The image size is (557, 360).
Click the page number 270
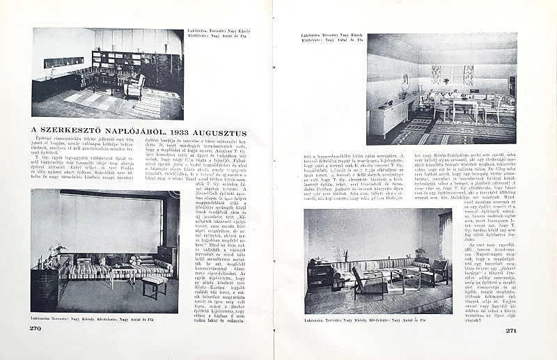pyautogui.click(x=36, y=329)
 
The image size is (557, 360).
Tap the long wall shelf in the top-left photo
pyautogui.click(x=63, y=63)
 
